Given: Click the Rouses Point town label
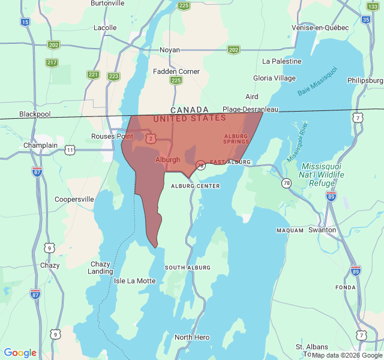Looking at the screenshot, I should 112,136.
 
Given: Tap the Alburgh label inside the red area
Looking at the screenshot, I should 167,160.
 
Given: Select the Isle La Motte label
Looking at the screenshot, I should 134,281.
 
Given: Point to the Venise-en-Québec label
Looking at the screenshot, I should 320,28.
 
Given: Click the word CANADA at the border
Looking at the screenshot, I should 189,110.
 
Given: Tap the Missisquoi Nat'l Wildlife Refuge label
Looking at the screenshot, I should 323,175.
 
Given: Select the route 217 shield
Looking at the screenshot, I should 52,62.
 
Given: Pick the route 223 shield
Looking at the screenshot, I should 113,76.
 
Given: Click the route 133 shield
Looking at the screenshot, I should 373,6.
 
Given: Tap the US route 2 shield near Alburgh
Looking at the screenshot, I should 150,139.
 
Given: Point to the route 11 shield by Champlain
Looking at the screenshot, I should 70,149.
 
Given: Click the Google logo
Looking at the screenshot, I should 20,353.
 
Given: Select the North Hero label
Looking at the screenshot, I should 192,337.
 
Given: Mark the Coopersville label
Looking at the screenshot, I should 74,199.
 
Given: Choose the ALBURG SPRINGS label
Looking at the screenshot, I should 236,139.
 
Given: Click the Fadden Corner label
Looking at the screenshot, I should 176,71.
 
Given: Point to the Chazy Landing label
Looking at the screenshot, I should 100,268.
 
